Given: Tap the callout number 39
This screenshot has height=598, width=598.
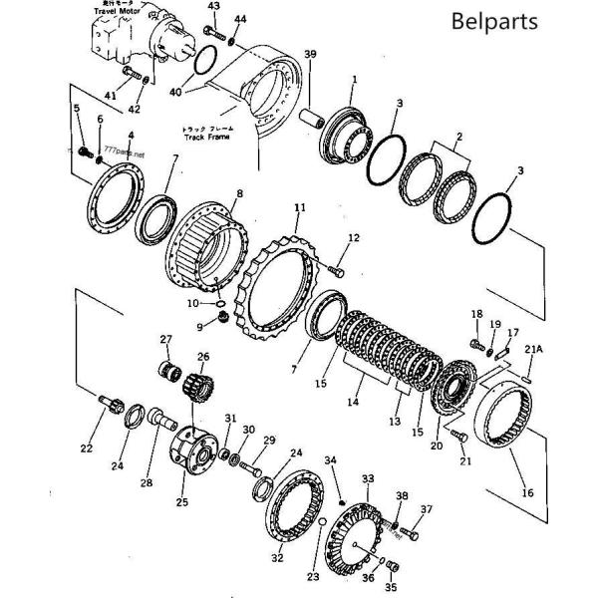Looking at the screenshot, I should point(310,54).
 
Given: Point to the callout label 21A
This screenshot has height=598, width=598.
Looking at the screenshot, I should point(534,349).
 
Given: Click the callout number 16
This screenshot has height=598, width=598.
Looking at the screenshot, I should point(527,491).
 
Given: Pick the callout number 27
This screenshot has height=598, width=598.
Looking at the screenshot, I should point(166,339).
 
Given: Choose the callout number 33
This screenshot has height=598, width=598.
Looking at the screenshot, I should point(368,478).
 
